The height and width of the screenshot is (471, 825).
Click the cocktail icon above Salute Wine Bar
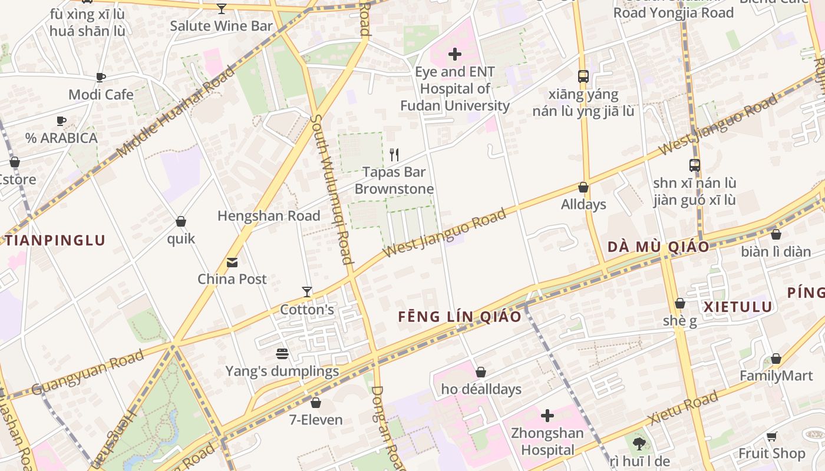[222, 8]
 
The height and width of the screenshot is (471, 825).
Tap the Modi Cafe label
[101, 94]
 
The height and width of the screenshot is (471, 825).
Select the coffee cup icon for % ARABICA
[61, 121]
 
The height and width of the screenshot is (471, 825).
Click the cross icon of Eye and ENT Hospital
[454, 55]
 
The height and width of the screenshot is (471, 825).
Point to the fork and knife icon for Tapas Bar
[394, 155]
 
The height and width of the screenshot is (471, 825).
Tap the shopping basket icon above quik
[181, 221]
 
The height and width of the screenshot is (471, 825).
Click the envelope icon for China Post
[232, 262]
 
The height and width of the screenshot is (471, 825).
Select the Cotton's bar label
[307, 310]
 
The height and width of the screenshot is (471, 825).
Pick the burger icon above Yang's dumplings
[282, 354]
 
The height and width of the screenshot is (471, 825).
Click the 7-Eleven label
[316, 420]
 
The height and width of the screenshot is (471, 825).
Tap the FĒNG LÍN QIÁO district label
[460, 317]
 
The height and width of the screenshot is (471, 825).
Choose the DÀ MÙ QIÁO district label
[658, 247]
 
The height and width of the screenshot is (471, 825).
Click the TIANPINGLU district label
[55, 240]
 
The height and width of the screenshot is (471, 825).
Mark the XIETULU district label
[738, 307]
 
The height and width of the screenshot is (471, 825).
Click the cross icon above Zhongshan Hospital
[547, 416]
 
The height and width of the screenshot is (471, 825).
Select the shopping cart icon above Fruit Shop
[771, 436]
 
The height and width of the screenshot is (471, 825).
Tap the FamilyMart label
[776, 376]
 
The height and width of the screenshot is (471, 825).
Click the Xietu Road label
[683, 408]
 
